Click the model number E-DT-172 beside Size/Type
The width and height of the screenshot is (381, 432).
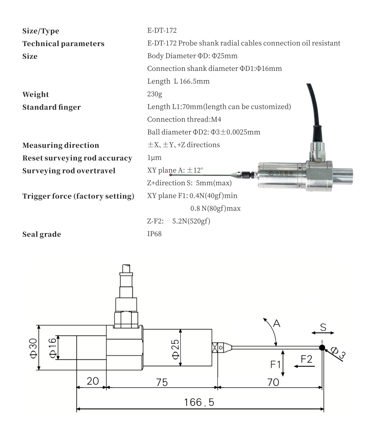[x=161, y=30]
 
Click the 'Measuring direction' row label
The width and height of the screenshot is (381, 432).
[x=60, y=145]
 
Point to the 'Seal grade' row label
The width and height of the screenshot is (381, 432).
[x=41, y=234]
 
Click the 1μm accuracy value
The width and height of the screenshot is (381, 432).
[x=153, y=158]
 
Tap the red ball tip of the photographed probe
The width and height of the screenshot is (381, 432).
[x=170, y=174]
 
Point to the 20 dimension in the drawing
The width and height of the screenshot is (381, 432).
[x=92, y=381]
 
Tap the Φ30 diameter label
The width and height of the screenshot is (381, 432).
[x=33, y=348]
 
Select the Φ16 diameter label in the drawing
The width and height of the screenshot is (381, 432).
[x=52, y=347]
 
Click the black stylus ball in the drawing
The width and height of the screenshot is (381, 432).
[x=322, y=347]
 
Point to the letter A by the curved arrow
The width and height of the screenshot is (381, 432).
[x=276, y=324]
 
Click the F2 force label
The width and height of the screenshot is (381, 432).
[x=306, y=360]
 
